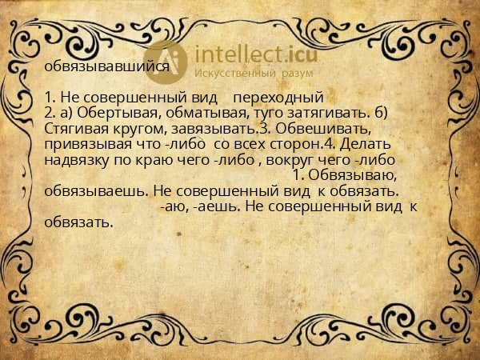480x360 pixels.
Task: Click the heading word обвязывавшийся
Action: tap(107, 66)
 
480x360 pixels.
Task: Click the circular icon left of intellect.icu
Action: tap(166, 62)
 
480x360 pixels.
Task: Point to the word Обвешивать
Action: tap(319, 128)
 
